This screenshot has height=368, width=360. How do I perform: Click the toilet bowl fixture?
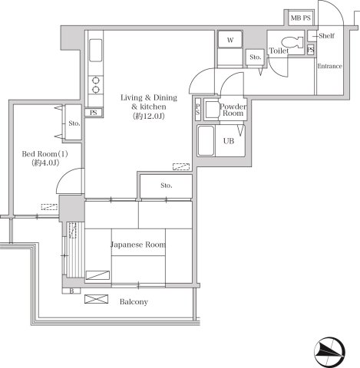coord(292,42)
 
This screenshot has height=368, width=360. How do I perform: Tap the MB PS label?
coord(301,18)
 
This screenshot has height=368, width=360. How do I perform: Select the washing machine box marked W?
coord(230,39)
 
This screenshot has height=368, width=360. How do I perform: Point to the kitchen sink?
coord(96,51)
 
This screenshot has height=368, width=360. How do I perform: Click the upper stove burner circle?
coord(96,80)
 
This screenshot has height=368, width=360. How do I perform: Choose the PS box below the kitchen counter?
coord(94,113)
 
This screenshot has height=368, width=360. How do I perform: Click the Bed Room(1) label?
coord(45,154)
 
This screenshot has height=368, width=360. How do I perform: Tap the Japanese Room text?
coord(138,245)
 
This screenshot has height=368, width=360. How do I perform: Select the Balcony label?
coord(134,302)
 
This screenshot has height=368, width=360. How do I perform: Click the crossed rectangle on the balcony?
coord(96,299)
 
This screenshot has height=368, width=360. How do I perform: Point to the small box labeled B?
coord(71,291)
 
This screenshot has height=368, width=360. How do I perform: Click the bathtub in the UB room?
coord(206,140)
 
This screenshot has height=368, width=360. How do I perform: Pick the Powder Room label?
coord(233,110)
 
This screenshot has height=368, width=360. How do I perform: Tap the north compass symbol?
coord(330,352)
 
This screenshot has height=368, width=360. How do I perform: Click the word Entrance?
coord(329,66)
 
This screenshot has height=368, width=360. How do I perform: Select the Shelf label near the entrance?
coord(326,36)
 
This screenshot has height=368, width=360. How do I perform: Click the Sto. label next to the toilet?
coord(255,57)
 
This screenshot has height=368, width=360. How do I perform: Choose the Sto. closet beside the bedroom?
coord(74,122)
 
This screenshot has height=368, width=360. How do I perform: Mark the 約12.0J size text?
coord(148,117)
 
